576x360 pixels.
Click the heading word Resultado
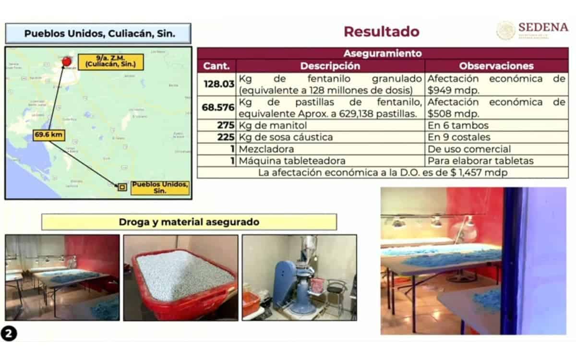pyautogui.click(x=382, y=32)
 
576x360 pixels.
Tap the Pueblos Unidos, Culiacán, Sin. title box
pyautogui.click(x=99, y=34)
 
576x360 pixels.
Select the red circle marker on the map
pyautogui.click(x=67, y=61)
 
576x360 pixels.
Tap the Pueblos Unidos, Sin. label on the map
pyautogui.click(x=160, y=187)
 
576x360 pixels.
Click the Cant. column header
pyautogui.click(x=216, y=66)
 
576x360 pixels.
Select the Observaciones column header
pyautogui.click(x=496, y=66)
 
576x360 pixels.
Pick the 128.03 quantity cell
pyautogui.click(x=217, y=84)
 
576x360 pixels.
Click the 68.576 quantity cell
pyautogui.click(x=217, y=108)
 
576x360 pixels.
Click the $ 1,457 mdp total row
pyautogui.click(x=382, y=172)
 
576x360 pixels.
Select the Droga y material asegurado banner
pyautogui.click(x=189, y=222)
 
